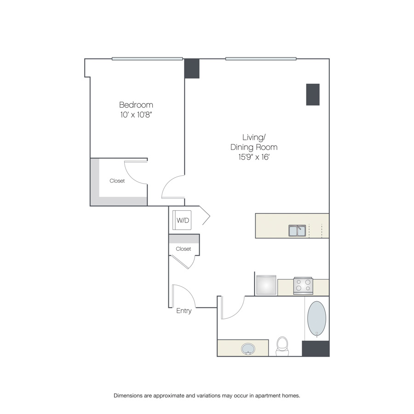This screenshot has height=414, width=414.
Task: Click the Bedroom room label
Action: coord(136,105)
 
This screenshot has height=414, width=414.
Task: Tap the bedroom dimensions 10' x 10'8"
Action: coord(137,115)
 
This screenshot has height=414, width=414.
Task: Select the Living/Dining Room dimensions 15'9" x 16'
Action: coord(254,157)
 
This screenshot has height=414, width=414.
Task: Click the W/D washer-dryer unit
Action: coord(182,220)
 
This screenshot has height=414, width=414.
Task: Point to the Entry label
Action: coord(184,311)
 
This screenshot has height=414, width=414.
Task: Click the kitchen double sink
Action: coord(297,230)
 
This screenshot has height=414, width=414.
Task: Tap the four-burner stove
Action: coord(303,286)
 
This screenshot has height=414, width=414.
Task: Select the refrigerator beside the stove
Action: coord(266,285)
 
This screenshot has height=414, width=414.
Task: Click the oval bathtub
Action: coord(316,319)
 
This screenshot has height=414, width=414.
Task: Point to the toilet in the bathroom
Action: coord(282,346)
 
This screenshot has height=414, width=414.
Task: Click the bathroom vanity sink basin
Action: coord(248,349)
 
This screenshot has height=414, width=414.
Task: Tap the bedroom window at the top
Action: coord(147,58)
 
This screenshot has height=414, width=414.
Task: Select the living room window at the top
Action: coord(261,58)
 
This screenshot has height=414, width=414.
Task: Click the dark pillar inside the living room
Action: coord(313,94)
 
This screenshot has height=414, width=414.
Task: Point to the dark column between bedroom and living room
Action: coord(192,69)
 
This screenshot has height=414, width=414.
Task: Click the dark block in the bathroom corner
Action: coord(316,349)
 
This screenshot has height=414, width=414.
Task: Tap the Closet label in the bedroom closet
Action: coord(117,181)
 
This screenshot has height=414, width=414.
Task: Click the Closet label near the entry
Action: coord(183,249)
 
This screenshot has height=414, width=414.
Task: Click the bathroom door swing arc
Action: coord(237,312)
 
